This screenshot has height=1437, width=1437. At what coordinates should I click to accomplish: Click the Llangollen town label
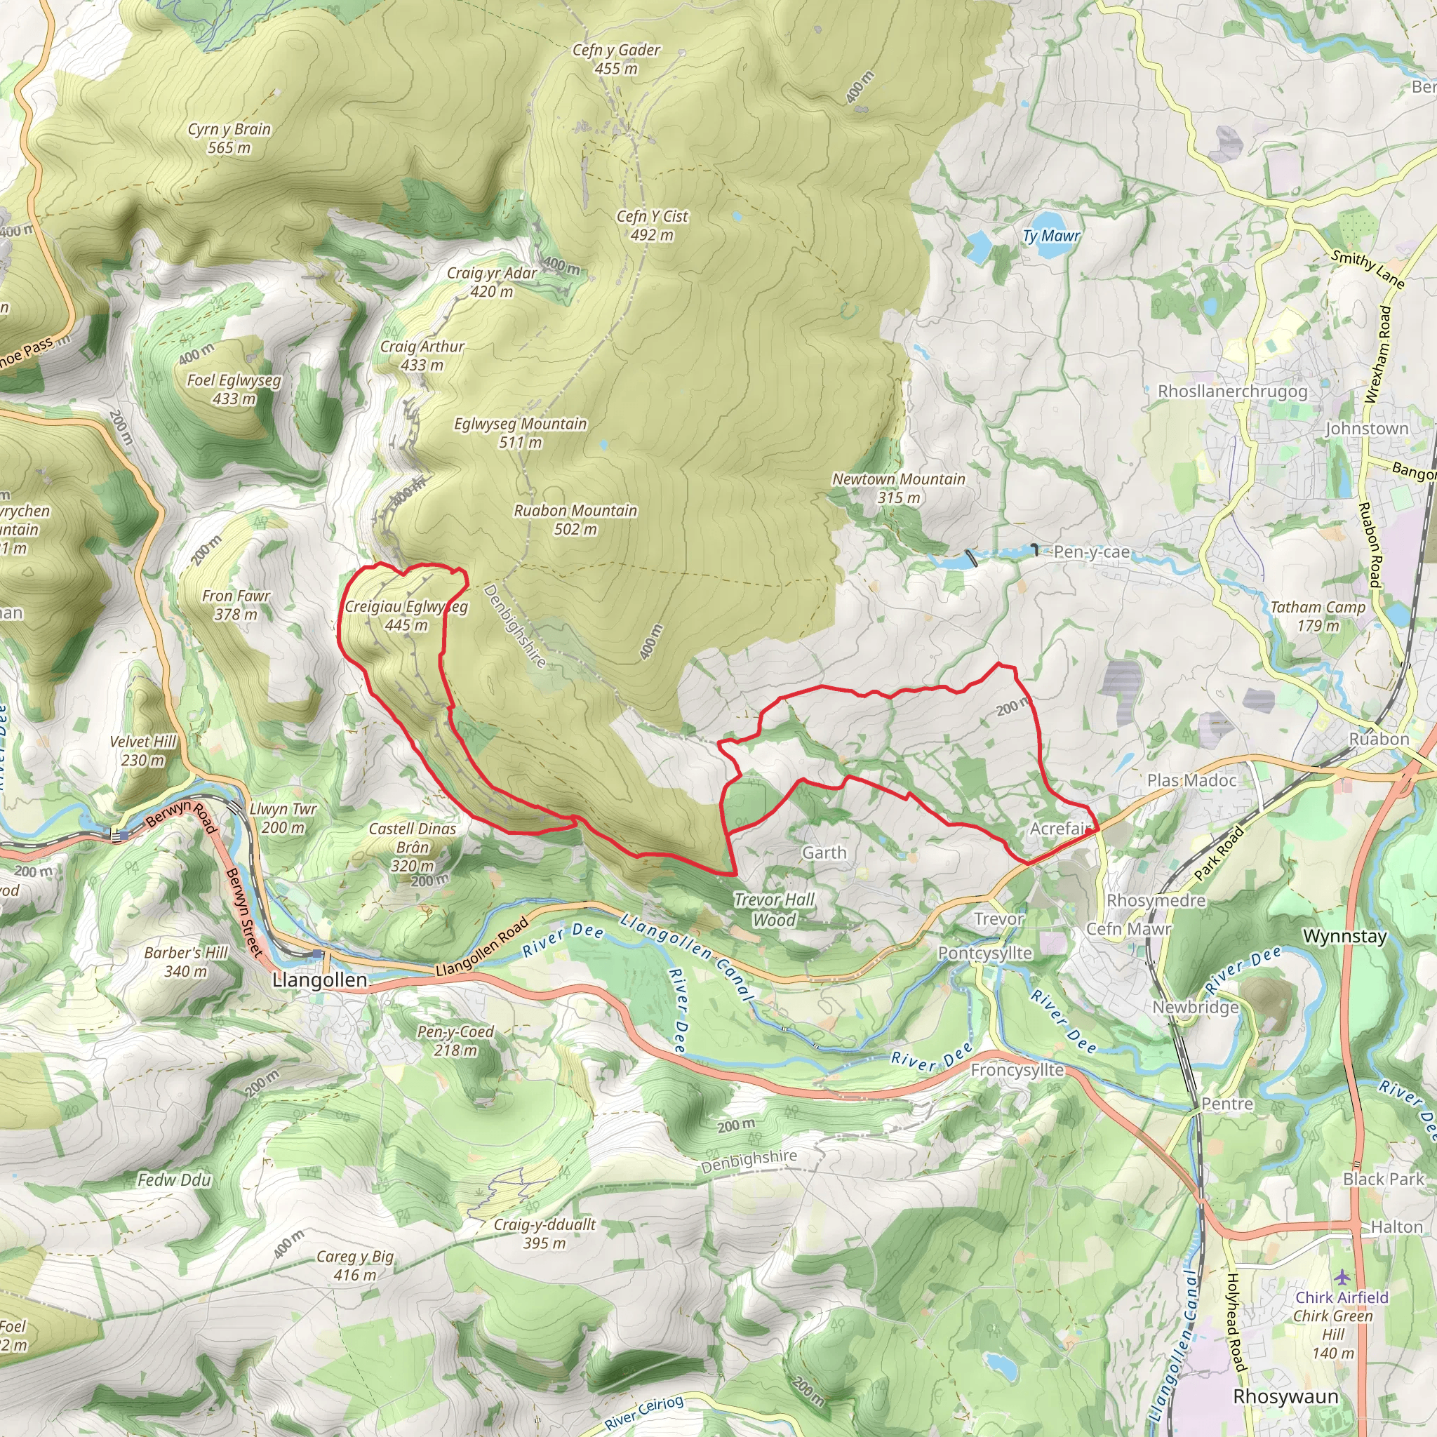pos(320,980)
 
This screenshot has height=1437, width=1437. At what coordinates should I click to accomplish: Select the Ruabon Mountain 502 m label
pos(575,519)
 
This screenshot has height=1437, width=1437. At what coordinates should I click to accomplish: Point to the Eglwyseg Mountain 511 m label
pos(520,432)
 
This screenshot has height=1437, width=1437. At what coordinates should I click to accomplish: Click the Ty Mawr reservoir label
pos(1050,236)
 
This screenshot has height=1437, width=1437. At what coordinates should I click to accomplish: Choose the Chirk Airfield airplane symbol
pos(1341,1276)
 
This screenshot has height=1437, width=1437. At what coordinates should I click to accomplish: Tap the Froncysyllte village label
pos(1017,1069)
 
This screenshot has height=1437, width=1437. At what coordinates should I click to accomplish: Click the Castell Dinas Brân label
pos(412,846)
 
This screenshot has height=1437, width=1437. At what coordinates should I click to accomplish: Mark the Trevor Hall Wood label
pos(775,909)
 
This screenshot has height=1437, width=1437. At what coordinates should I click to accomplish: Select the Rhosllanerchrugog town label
pos(1232,392)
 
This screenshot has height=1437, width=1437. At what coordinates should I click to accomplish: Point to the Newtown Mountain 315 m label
pos(899,488)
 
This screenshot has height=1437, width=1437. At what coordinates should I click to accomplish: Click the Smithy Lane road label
pos(1368,269)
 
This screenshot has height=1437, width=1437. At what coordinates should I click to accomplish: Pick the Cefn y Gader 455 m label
pos(616,59)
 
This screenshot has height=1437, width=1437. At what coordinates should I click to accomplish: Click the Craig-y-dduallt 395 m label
pos(544,1234)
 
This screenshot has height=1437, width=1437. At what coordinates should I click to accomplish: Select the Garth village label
pos(824,853)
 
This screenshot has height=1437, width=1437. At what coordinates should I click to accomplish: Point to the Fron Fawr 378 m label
pos(236,605)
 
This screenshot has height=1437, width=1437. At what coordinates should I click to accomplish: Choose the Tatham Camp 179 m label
pos(1318,616)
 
